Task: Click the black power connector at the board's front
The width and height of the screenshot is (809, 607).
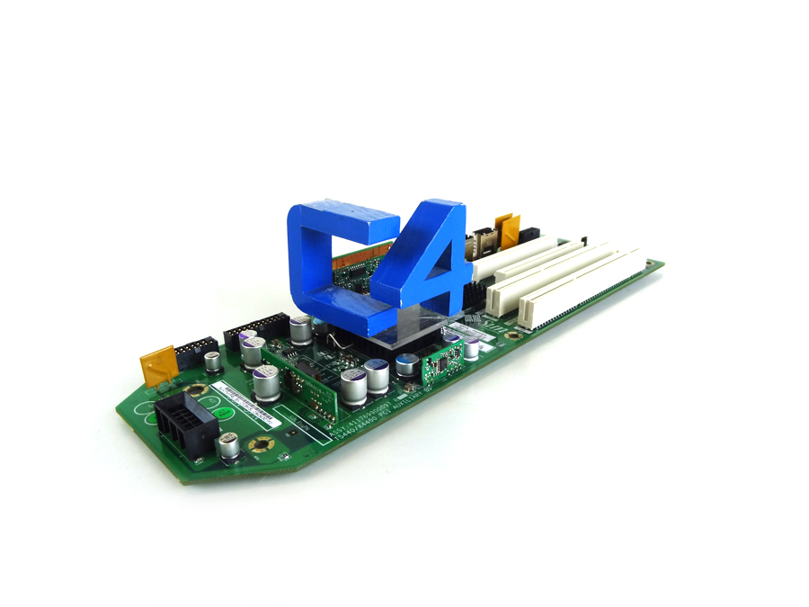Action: point(185,423)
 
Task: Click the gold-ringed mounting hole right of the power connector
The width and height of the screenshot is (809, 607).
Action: point(263,444)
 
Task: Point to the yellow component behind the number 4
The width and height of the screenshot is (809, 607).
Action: point(507,229)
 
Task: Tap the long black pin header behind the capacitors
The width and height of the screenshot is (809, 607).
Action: point(255,328)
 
